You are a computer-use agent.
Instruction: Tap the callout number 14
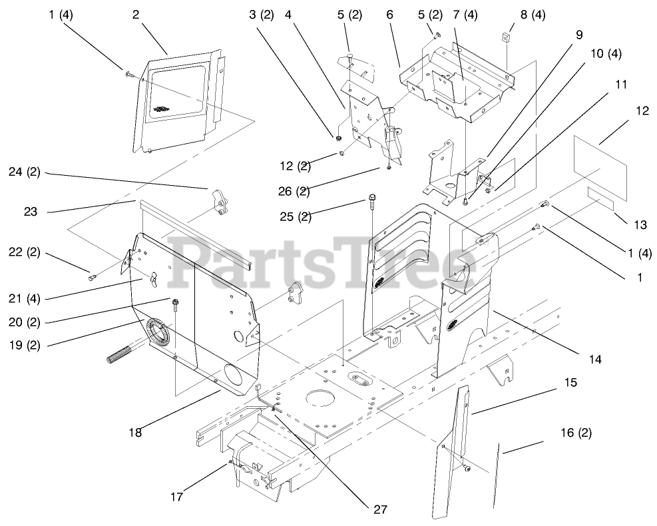594,359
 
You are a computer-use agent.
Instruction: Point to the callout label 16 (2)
575,432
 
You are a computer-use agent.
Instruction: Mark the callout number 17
176,495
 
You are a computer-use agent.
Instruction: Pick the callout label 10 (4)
604,53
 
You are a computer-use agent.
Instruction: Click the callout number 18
136,431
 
